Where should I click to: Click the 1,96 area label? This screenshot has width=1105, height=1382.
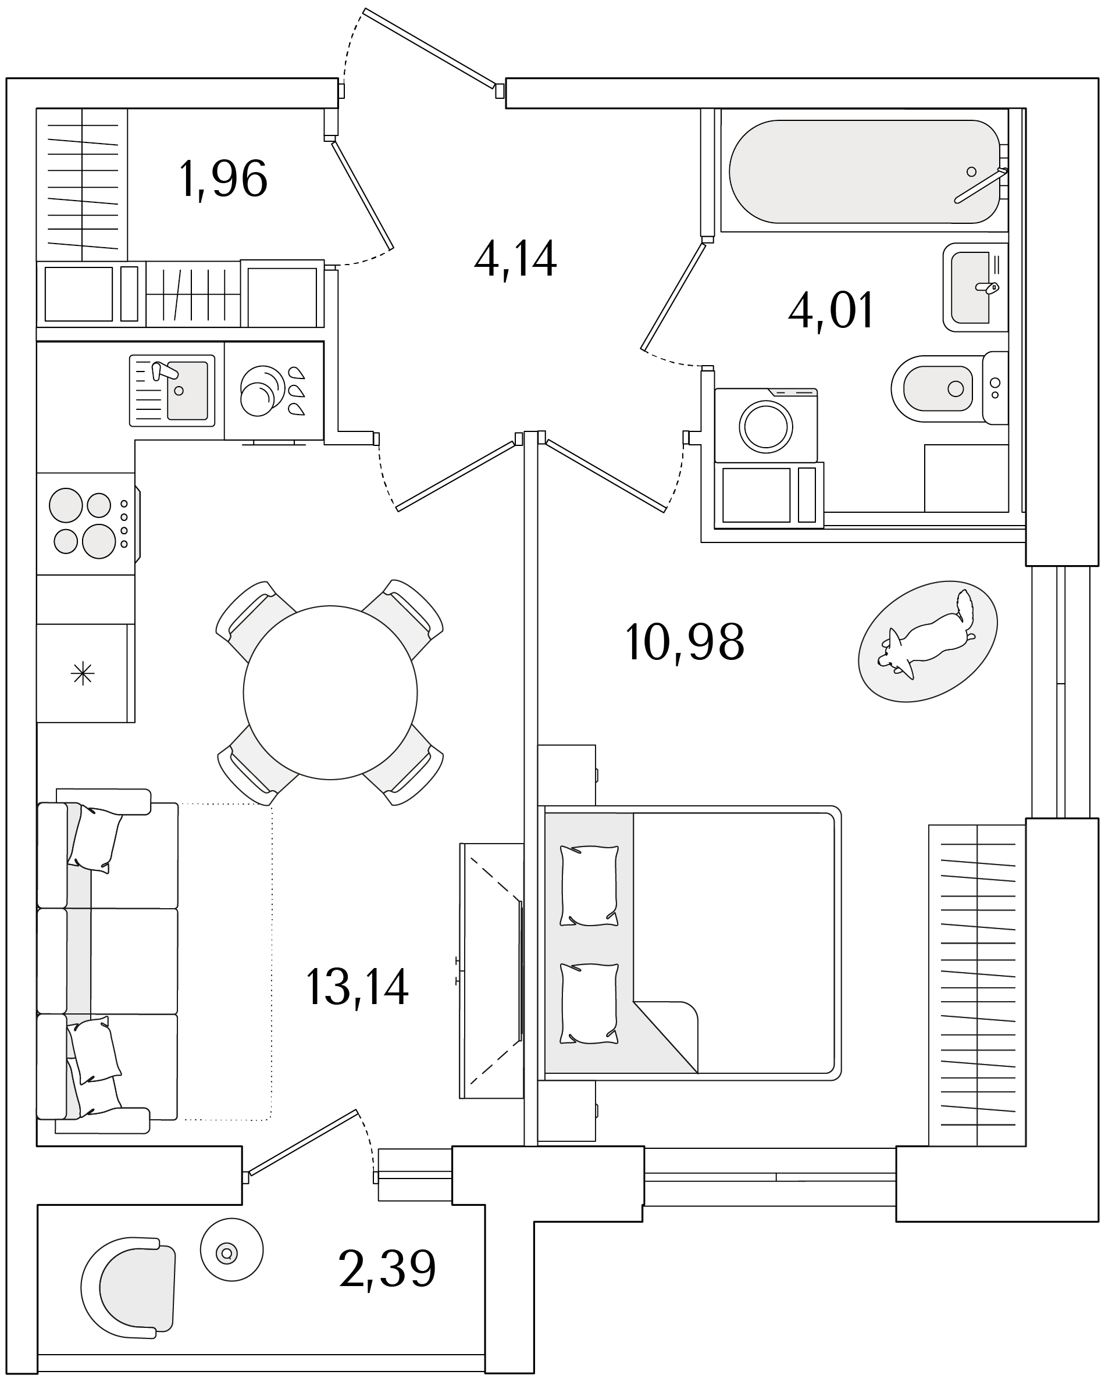coord(223,179)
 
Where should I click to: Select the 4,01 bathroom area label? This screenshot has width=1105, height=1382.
coord(831,310)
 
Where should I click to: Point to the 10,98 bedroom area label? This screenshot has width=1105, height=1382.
coord(685,642)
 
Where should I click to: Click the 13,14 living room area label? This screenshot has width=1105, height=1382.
coord(357,987)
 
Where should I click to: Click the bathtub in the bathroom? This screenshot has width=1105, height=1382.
coord(864,172)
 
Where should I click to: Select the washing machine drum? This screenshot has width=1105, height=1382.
coord(767,426)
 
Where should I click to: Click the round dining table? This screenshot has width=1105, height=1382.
coord(330,692)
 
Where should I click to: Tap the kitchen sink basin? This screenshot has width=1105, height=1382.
coord(187,390)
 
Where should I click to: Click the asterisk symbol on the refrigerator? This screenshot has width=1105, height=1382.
coord(83,674)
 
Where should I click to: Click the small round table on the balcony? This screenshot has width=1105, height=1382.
coord(231,1249)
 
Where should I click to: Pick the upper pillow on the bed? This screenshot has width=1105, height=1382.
coord(589,886)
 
